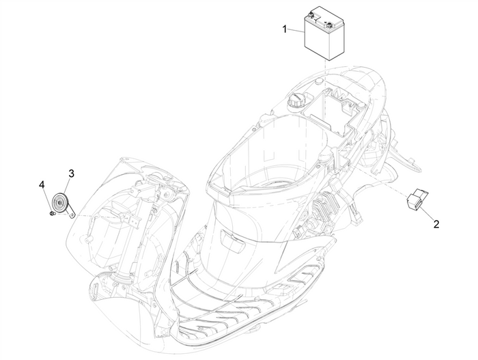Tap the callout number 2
click(435, 223)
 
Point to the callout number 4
click(42, 184)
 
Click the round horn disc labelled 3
click(61, 204)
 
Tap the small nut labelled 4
click(52, 214)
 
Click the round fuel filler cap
click(296, 98)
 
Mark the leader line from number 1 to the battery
click(296, 31)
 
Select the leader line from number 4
click(46, 199)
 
